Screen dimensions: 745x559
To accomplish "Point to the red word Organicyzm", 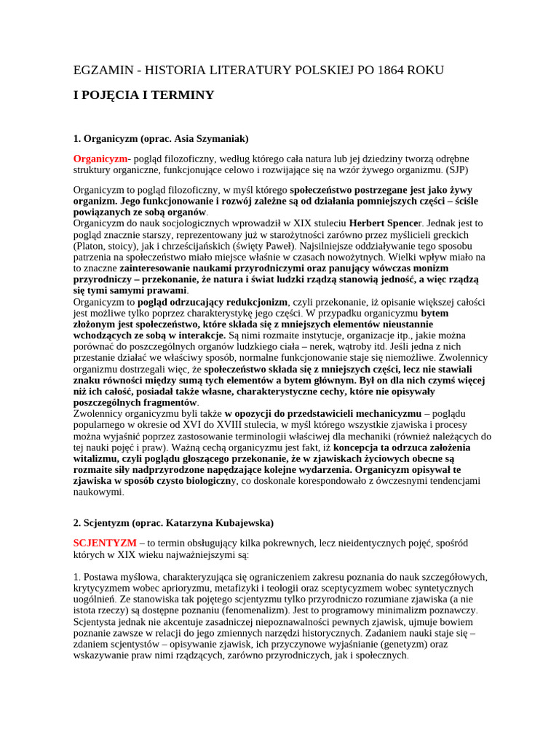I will [x=100, y=159].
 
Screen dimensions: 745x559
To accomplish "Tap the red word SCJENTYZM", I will [x=105, y=543].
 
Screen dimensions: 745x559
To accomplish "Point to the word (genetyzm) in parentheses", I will [x=400, y=644].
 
